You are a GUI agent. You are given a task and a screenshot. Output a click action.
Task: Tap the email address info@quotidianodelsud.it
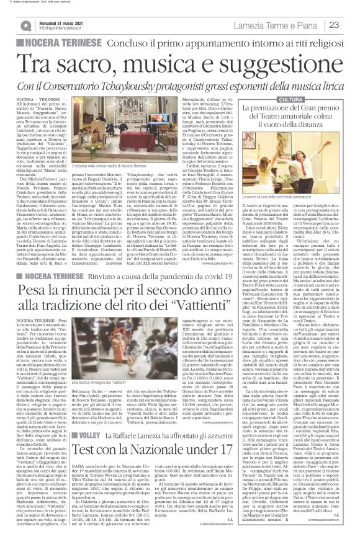pyautogui.click(x=61, y=29)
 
